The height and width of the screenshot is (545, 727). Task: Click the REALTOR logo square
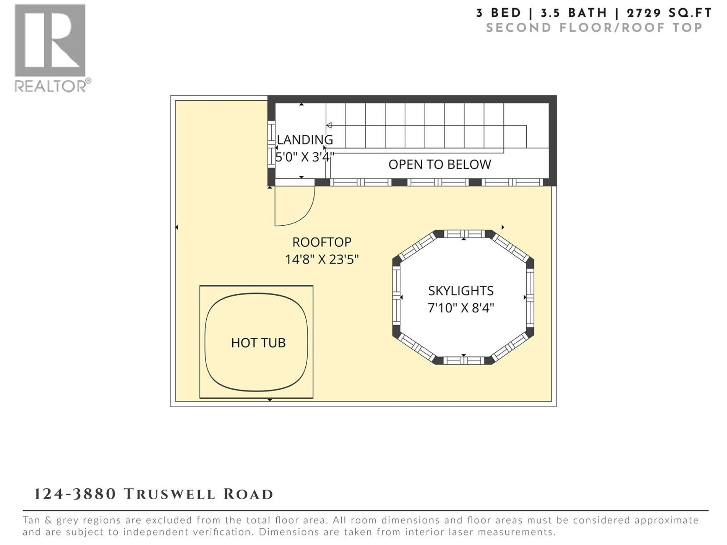tap(50, 40)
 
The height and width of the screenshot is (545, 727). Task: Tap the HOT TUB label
tap(258, 342)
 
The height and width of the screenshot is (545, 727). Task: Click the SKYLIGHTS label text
tap(461, 291)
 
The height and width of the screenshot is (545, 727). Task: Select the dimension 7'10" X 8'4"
tap(461, 308)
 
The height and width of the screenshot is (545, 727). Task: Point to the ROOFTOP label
tap(322, 242)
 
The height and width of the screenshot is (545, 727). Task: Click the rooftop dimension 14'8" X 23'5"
tap(322, 259)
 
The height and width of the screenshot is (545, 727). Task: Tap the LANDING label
tap(305, 139)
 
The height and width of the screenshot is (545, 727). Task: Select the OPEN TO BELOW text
tap(439, 164)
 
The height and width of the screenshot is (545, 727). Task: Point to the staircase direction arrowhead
tap(329, 125)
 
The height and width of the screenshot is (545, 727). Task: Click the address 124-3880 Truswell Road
tap(154, 494)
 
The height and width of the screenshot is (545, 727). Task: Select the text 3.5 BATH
tap(573, 13)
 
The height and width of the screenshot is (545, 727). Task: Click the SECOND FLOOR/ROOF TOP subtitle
tap(594, 28)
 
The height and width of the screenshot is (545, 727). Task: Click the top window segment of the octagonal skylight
tap(464, 234)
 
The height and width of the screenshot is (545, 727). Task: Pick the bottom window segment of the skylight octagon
tap(463, 361)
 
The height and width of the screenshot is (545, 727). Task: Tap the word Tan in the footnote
tap(32, 520)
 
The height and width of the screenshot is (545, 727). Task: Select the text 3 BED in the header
tap(498, 13)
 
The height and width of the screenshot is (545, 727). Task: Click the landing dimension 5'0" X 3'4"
tap(305, 157)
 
